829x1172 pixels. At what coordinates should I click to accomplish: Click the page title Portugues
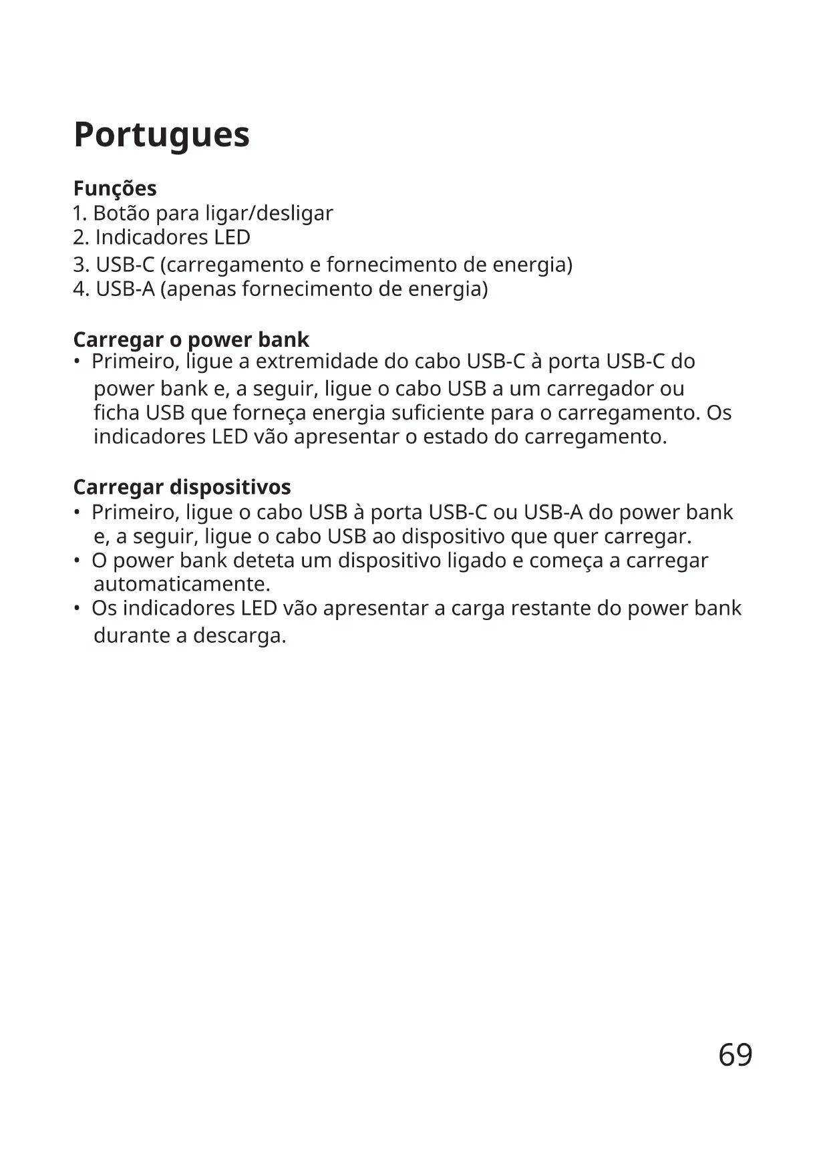(x=162, y=135)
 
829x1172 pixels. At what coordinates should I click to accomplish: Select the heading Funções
(x=115, y=188)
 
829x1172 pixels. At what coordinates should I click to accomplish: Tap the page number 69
(x=735, y=1055)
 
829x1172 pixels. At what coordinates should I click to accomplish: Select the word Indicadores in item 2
(x=152, y=237)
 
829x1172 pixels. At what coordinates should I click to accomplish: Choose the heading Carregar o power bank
(x=191, y=339)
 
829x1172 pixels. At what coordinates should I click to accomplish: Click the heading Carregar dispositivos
(x=182, y=487)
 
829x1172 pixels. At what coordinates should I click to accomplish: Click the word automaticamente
(x=182, y=585)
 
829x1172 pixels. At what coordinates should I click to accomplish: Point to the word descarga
(x=239, y=635)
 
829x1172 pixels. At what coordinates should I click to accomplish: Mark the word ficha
(x=117, y=413)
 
